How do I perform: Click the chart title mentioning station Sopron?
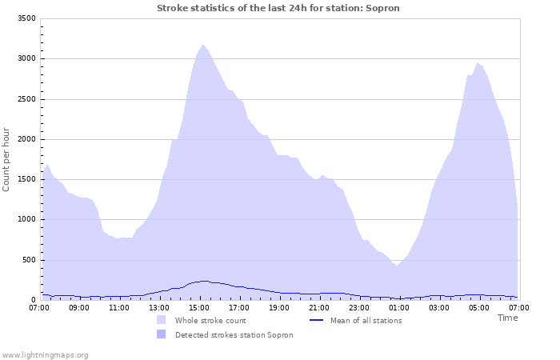click(x=278, y=8)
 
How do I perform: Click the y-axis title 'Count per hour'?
click(x=7, y=158)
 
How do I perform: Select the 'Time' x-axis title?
click(x=507, y=318)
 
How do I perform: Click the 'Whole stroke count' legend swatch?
click(x=162, y=320)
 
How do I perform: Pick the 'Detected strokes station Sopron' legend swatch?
click(x=162, y=334)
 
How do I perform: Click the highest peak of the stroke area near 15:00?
click(x=202, y=45)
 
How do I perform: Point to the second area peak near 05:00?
click(x=478, y=63)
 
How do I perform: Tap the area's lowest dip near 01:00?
click(x=397, y=266)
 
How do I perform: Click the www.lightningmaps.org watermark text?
click(x=45, y=354)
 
